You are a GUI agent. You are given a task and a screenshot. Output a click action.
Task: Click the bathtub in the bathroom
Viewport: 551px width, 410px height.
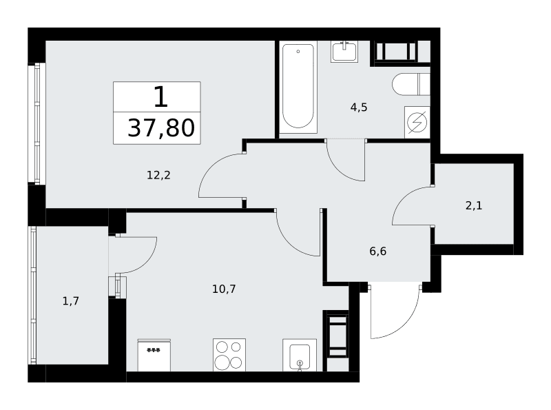point(298,87)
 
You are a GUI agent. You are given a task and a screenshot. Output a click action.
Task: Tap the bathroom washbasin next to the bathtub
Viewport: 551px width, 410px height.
point(344,52)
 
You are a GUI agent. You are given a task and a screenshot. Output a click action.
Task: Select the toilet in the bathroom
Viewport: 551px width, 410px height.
point(411,84)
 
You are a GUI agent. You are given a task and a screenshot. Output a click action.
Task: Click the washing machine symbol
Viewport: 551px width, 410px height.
point(417,123)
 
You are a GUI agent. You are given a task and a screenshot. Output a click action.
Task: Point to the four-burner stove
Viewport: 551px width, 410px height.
point(229,355)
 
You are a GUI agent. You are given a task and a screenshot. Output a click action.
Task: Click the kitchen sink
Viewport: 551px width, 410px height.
point(300,355)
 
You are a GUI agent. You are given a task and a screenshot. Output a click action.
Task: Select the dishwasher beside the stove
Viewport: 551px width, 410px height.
point(154,355)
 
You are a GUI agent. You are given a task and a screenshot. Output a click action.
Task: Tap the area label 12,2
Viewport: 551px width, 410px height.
point(158,175)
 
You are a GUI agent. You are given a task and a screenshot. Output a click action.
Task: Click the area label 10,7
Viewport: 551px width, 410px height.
point(224,289)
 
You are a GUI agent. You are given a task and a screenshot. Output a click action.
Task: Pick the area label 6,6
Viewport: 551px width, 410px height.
point(377,251)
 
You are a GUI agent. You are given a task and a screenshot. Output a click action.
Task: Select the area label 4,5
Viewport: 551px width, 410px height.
point(359,107)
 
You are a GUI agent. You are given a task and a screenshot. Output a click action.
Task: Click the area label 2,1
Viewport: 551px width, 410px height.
point(474,205)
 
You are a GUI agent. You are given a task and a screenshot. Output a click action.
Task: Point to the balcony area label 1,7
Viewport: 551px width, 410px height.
point(71,301)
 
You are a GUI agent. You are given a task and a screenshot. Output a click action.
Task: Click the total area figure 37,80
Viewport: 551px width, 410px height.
point(161,127)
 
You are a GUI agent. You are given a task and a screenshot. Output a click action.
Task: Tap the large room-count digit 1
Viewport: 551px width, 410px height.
point(160,96)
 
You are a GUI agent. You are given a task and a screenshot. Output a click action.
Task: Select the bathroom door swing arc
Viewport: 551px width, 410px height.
point(339,170)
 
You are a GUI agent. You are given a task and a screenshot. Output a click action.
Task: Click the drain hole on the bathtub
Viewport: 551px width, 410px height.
point(298,52)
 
